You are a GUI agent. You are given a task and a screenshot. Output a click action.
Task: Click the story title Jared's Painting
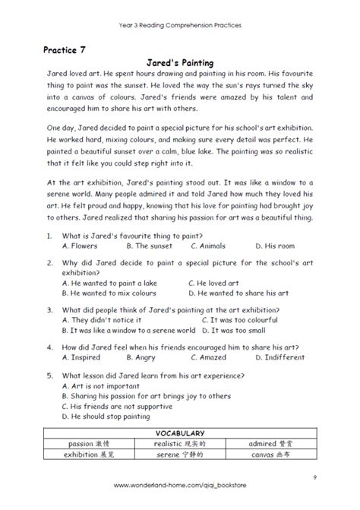180,63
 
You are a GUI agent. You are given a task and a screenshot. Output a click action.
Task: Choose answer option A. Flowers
81,267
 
